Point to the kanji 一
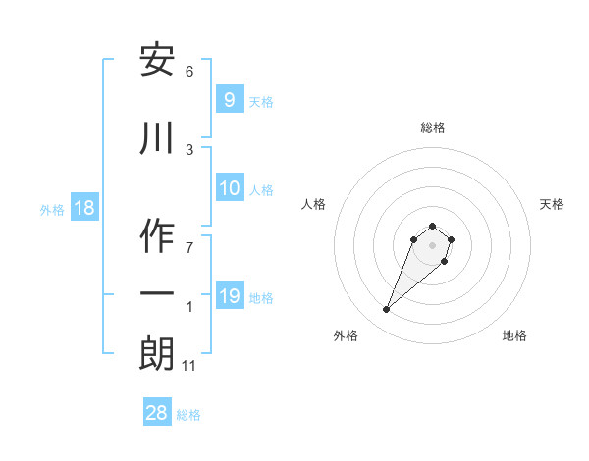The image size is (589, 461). (x=158, y=294)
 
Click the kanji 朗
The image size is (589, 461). (x=158, y=353)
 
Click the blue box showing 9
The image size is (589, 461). (x=229, y=101)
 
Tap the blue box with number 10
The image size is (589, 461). (x=230, y=189)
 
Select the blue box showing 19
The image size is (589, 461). (x=230, y=296)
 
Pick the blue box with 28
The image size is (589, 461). (x=157, y=414)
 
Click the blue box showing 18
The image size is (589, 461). (x=83, y=208)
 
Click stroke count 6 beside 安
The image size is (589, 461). (x=189, y=72)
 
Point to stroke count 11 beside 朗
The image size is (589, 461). (x=190, y=366)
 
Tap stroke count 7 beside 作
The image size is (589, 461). (x=189, y=246)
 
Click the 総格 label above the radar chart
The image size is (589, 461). (x=432, y=128)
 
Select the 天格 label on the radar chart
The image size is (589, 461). (x=552, y=204)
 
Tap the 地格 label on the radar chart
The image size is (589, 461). (x=514, y=336)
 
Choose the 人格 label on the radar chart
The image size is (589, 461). (x=313, y=204)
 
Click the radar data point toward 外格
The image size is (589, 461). (x=386, y=310)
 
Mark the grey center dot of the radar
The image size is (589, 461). (x=432, y=245)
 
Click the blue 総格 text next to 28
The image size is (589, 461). (x=188, y=415)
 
